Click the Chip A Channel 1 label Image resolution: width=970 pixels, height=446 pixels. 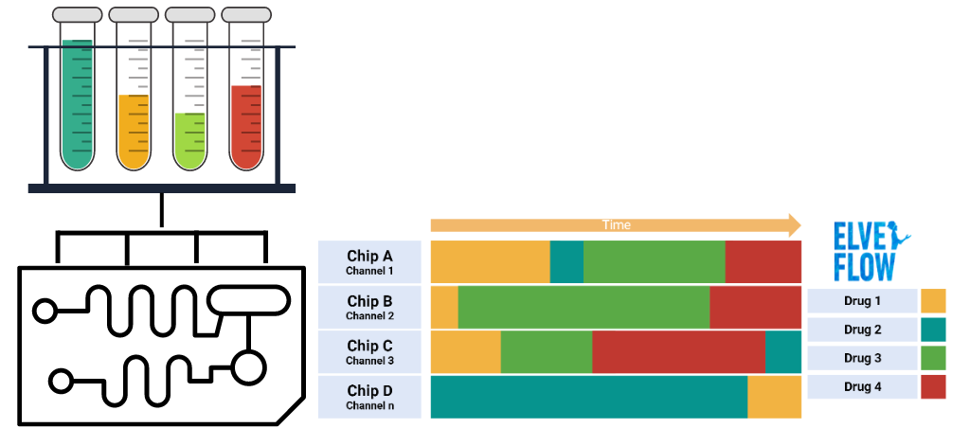click(x=369, y=261)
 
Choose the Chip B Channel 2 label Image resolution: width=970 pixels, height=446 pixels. click(x=369, y=307)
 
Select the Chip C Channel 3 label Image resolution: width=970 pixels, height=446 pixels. click(x=369, y=351)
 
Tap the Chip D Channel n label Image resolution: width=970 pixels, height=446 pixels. click(x=369, y=397)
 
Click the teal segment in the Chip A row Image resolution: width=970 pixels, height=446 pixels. click(x=566, y=261)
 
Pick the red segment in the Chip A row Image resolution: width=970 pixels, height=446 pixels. click(x=763, y=261)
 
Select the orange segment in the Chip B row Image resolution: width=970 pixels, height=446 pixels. click(x=444, y=307)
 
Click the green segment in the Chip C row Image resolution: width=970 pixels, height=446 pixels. click(x=546, y=351)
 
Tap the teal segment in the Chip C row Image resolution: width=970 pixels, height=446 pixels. click(x=783, y=351)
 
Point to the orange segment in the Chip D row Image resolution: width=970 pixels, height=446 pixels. click(x=775, y=397)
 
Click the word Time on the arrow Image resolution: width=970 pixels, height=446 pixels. click(x=616, y=225)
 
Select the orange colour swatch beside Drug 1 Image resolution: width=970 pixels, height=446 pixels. click(x=933, y=301)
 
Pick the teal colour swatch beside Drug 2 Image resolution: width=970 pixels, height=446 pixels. click(x=933, y=330)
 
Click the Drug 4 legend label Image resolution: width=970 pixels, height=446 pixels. click(x=863, y=386)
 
